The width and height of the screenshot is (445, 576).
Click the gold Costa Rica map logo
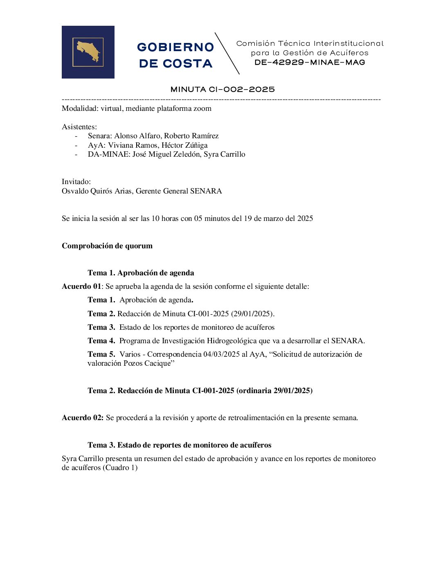88,52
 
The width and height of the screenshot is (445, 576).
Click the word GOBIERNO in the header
175,47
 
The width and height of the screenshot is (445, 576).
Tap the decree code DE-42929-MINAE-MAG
310,63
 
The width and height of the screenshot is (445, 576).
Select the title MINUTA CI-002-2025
222,90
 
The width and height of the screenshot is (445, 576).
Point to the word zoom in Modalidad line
202,109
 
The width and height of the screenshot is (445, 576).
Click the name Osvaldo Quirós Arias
97,191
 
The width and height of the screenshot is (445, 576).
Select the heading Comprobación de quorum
107,246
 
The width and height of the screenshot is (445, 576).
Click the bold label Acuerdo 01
81,286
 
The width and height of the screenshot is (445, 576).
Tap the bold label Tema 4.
101,341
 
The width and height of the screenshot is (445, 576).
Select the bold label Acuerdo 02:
83,418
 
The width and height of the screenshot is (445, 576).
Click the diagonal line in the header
227,53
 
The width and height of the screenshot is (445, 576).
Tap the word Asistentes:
79,127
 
